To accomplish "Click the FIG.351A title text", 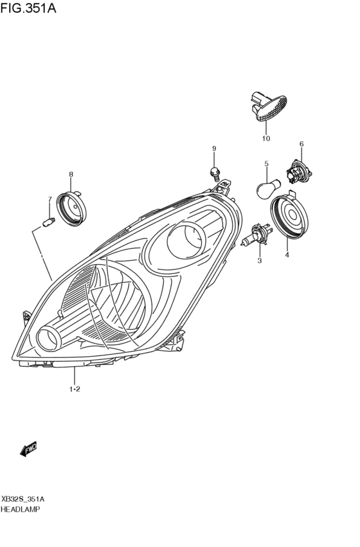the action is pyautogui.click(x=28, y=8).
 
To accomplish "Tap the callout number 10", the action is pyautogui.click(x=265, y=138).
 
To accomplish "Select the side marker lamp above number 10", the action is pyautogui.click(x=269, y=107).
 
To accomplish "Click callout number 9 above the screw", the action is pyautogui.click(x=214, y=148).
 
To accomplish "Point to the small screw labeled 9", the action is pyautogui.click(x=214, y=173).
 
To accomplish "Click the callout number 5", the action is pyautogui.click(x=267, y=163).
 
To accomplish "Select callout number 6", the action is pyautogui.click(x=301, y=144).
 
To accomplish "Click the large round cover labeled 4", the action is pyautogui.click(x=289, y=215).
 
